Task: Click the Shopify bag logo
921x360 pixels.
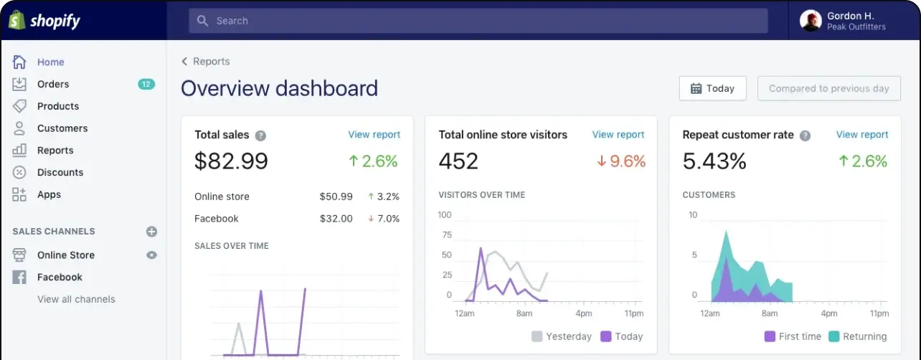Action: [17, 20]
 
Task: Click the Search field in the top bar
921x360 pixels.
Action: [478, 21]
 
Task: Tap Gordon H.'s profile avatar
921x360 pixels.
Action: [811, 21]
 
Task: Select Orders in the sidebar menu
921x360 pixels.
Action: [53, 84]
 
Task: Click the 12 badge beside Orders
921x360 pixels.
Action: [146, 84]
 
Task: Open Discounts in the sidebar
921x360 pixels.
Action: [60, 172]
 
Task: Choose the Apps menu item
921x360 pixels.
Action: [49, 194]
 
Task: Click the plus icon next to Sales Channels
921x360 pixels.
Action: [151, 232]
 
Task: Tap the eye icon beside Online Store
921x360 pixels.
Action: [151, 255]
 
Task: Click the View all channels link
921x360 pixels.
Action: [76, 299]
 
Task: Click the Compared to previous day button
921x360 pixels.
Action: [829, 88]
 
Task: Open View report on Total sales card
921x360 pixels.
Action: [374, 134]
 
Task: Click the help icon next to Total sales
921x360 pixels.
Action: [260, 136]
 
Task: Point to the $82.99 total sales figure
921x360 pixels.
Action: [231, 161]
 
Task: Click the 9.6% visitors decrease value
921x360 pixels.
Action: [621, 161]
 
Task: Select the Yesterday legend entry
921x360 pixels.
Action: [562, 336]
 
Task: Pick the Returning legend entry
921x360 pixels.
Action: [858, 336]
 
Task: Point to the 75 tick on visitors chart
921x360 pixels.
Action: [447, 235]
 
